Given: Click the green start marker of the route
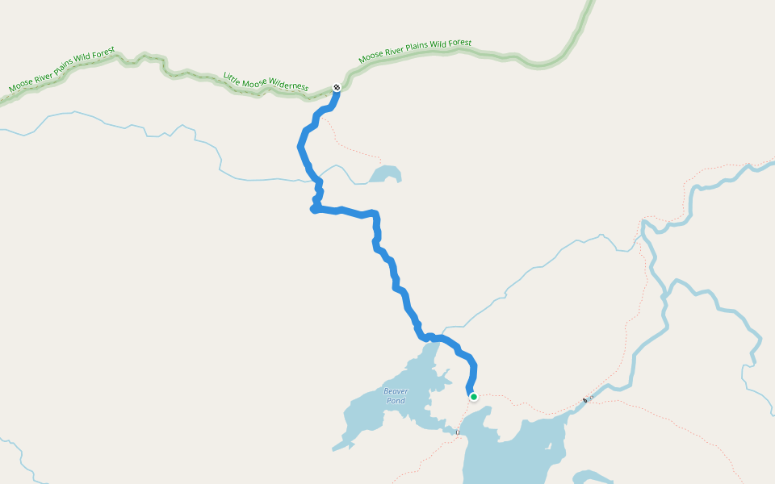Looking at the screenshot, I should pos(474,396).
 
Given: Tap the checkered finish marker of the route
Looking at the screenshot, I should pos(337,87).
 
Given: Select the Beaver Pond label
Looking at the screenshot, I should pos(396,395).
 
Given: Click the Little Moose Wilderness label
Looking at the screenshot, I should pos(266,81).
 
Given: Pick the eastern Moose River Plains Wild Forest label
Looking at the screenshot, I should pos(415,52).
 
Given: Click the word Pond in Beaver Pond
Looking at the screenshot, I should pos(396,401).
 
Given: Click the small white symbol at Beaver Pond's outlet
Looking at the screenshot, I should pos(457,433).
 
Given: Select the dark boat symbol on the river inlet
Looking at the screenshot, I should pos(585,400).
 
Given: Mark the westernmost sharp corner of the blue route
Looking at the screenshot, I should pos(312,210).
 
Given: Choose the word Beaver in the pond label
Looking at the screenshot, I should pos(396,391).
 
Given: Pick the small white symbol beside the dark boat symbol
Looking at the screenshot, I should pos(592,397).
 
